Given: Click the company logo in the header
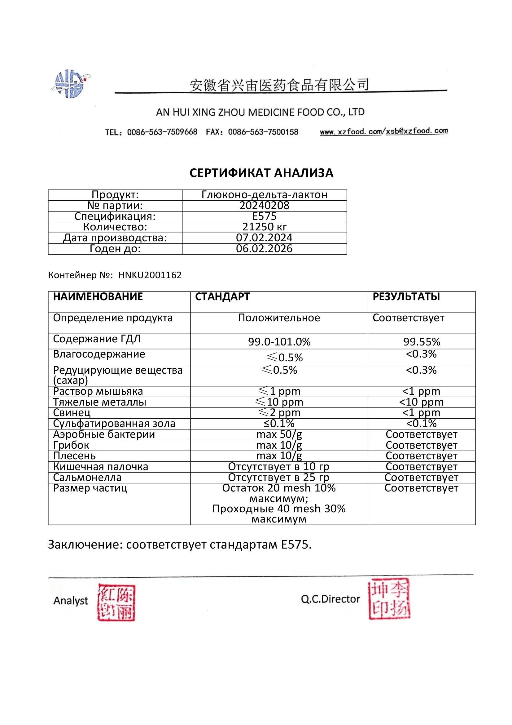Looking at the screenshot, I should point(70,84).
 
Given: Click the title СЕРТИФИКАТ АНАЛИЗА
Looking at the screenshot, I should point(261,173).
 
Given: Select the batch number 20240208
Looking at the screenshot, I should point(264,206).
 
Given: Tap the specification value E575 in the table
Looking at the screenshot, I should point(264,216).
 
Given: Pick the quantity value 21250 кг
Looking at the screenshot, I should point(264,227).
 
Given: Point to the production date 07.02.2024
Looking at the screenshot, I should point(264,238).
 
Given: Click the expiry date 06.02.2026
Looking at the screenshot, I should point(264,248).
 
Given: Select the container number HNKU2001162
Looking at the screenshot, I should point(150,275).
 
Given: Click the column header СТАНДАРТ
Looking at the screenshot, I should point(222,297).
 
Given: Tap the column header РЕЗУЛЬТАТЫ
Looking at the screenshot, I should point(406,297).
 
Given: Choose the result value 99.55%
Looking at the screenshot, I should point(422,342).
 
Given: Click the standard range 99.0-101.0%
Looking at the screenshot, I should point(279,342).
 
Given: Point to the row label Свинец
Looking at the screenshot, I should point(72,413).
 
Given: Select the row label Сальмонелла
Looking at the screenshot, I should point(87,478).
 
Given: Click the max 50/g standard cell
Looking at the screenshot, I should point(279,434).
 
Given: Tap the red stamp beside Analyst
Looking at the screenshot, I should point(116,602).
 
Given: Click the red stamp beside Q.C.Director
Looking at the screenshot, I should point(389,599).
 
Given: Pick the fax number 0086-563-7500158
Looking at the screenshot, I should point(263,132).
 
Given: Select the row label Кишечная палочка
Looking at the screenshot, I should point(100,467).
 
